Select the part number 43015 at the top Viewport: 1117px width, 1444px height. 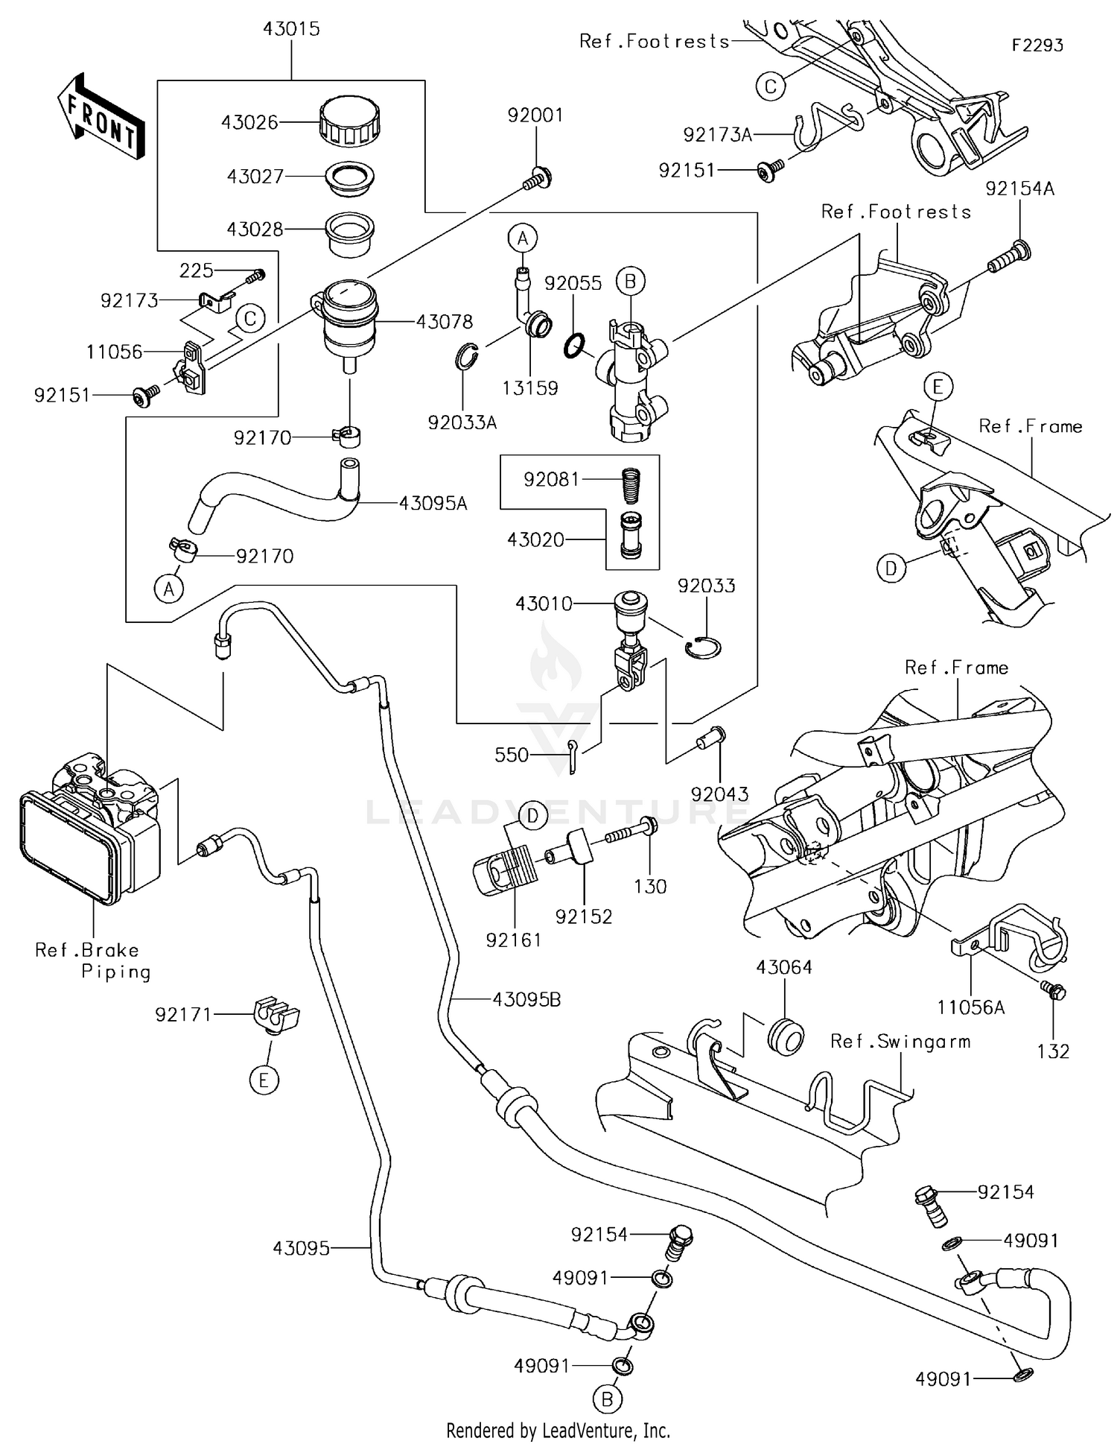pyautogui.click(x=291, y=29)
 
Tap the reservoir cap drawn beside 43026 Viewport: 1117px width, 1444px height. pyautogui.click(x=349, y=121)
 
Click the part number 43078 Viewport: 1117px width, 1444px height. pyautogui.click(x=444, y=322)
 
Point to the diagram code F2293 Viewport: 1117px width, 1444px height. pyautogui.click(x=1037, y=45)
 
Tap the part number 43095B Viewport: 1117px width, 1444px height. pyautogui.click(x=526, y=1000)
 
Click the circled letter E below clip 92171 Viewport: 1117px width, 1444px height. pyautogui.click(x=264, y=1080)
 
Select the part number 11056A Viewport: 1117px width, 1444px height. pyautogui.click(x=970, y=1008)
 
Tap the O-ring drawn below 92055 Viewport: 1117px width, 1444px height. pyautogui.click(x=576, y=345)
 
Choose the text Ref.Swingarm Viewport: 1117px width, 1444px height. pyautogui.click(x=900, y=1042)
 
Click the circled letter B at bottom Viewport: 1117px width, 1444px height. pyautogui.click(x=607, y=1399)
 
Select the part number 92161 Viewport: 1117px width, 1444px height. pyautogui.click(x=513, y=940)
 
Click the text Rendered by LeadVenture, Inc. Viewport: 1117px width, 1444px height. pyautogui.click(x=558, y=1431)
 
